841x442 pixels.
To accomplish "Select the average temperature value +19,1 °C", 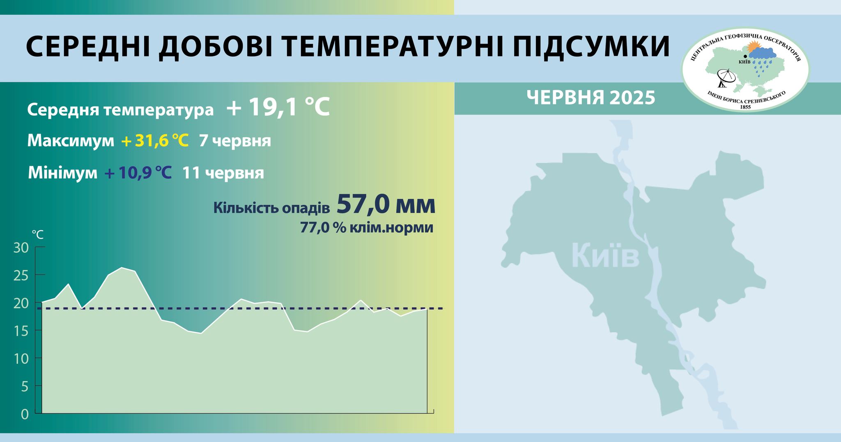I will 278,108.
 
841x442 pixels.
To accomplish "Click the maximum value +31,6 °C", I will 155,141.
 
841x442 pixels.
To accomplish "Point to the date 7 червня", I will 235,141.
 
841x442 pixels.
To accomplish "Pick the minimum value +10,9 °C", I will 138,173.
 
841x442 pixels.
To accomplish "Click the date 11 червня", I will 223,173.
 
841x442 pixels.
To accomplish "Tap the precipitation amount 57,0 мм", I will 386,204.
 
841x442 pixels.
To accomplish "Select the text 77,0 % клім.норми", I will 366,227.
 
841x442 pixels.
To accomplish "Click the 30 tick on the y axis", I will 21,248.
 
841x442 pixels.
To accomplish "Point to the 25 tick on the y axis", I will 21,275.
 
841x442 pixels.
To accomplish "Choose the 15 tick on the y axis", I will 21,331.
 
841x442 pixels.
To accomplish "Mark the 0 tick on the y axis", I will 25,414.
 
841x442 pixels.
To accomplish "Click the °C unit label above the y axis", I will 38,235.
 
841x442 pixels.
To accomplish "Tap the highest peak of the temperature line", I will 122,268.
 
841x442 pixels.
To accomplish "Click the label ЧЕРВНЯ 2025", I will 591,98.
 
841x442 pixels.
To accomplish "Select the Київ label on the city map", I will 605,256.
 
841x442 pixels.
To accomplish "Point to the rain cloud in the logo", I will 763,54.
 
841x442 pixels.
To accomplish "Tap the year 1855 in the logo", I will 745,107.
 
